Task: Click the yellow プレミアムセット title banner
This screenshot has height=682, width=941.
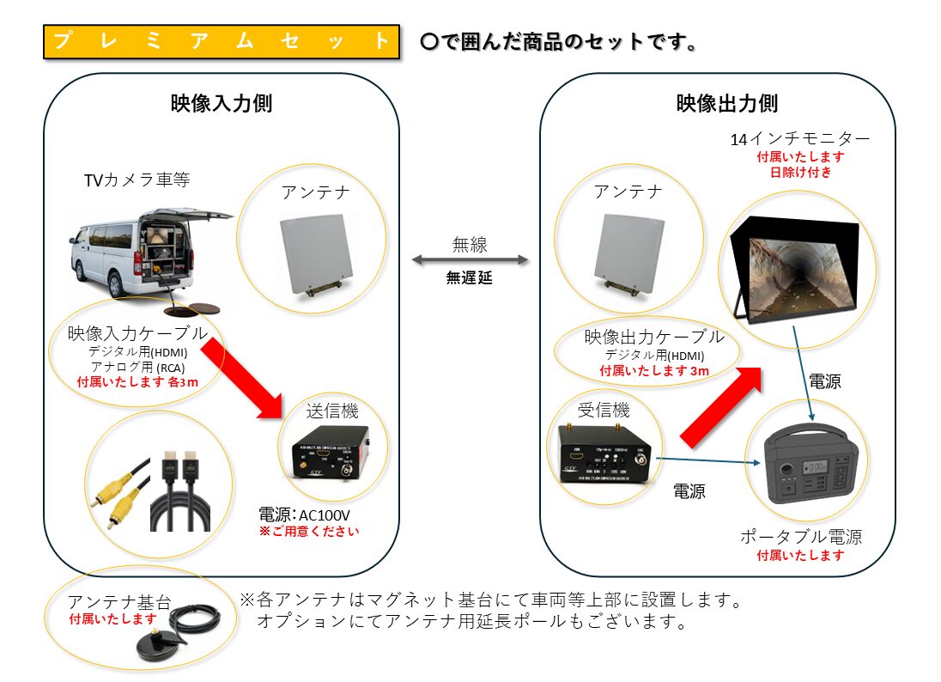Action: tap(222, 42)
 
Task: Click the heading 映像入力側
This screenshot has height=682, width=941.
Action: tap(222, 104)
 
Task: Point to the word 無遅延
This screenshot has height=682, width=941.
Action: tap(470, 278)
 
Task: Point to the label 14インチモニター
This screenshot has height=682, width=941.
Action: tap(799, 139)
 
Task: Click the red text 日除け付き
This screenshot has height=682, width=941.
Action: tap(799, 173)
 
